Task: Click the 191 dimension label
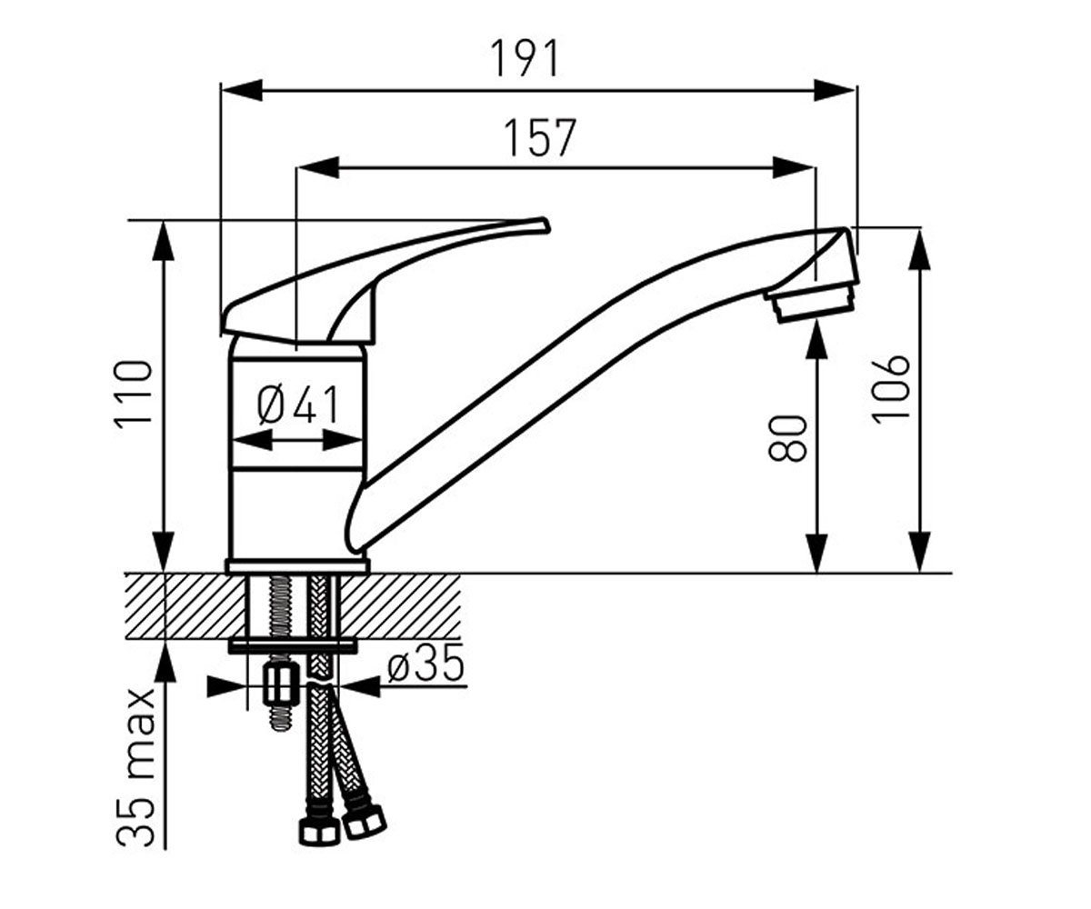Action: click(525, 58)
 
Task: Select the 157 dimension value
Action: click(540, 137)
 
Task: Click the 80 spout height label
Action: click(787, 438)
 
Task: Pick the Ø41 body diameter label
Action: click(298, 405)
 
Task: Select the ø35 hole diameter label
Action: click(425, 663)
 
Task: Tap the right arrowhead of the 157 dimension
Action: click(794, 167)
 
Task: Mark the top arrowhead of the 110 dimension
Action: click(164, 240)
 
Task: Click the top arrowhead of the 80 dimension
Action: click(816, 340)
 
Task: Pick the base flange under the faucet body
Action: click(297, 566)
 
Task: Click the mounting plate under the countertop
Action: click(293, 645)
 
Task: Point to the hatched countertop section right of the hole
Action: click(401, 606)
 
